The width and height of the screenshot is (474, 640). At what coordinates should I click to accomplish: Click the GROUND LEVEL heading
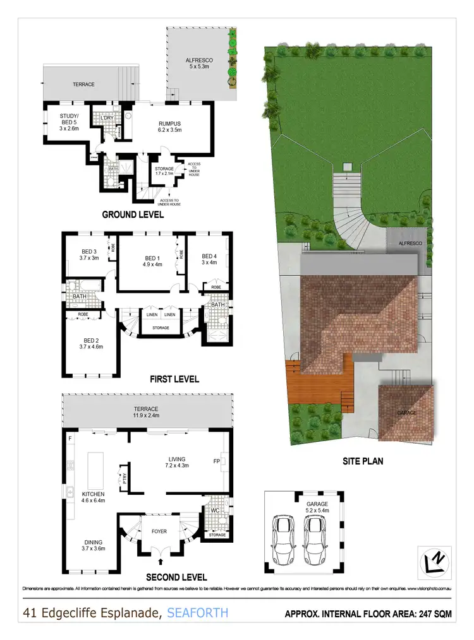tap(133, 215)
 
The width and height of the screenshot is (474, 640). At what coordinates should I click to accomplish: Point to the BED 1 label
tap(153, 261)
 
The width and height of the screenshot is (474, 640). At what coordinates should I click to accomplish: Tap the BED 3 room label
tap(88, 254)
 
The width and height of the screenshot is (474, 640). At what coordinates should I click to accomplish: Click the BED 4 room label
tap(209, 259)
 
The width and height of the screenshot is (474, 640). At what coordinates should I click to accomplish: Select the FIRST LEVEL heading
tap(174, 379)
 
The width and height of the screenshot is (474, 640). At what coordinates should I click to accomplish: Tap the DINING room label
tap(92, 545)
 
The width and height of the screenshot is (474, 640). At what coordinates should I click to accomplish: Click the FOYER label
tap(159, 531)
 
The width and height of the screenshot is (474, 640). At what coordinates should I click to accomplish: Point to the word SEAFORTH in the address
tap(197, 612)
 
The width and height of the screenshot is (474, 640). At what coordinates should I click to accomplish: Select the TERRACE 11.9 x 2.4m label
tap(145, 413)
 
